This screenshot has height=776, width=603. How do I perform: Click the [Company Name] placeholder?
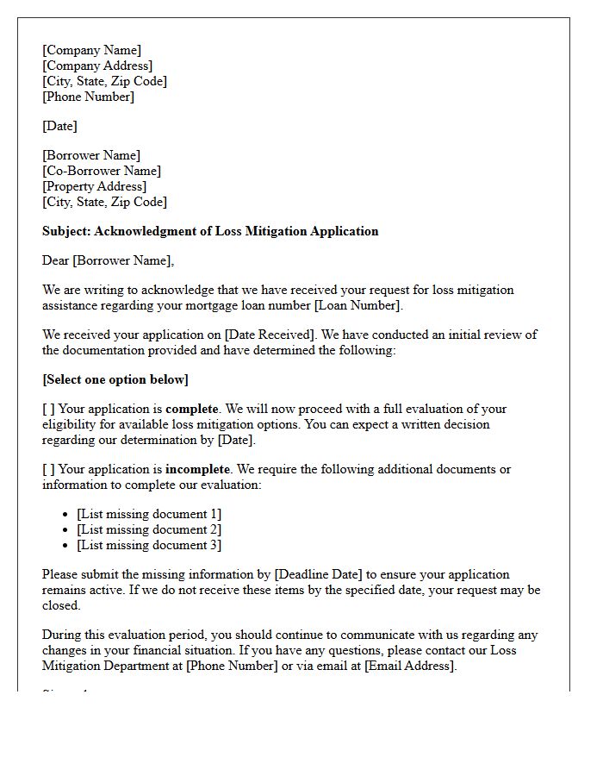tap(91, 50)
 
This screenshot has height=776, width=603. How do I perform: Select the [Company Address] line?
tap(97, 66)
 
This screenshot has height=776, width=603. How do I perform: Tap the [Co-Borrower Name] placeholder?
tap(102, 171)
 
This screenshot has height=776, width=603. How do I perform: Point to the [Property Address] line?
tap(94, 186)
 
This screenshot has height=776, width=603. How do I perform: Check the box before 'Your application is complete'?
tap(48, 409)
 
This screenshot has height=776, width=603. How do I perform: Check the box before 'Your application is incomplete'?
tap(48, 469)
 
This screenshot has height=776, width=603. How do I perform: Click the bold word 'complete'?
tap(193, 409)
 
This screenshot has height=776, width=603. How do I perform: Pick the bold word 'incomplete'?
tap(198, 469)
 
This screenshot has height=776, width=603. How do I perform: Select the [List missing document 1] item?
tap(149, 514)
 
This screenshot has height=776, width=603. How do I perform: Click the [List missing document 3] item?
tap(149, 545)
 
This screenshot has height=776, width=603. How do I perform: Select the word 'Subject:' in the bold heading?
tap(66, 231)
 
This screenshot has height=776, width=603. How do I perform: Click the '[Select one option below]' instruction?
tap(115, 379)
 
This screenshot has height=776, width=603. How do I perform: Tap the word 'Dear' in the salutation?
tap(56, 260)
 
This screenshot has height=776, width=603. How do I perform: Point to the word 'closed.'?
tap(61, 605)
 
